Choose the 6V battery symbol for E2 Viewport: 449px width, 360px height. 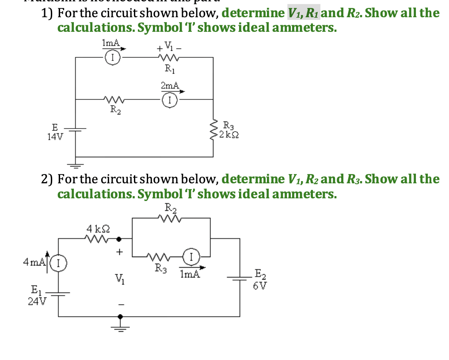coord(240,278)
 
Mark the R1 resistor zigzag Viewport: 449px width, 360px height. coord(169,57)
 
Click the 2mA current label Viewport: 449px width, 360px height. coord(169,85)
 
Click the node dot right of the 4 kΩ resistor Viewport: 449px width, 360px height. coord(119,239)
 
